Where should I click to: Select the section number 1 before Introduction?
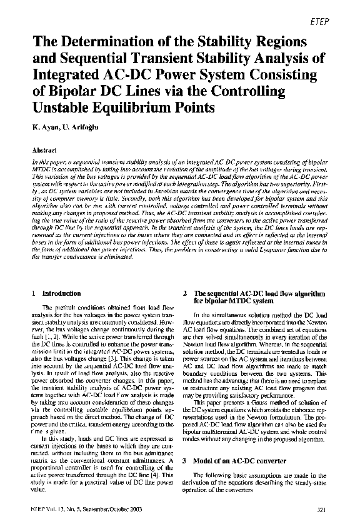click(x=32, y=293)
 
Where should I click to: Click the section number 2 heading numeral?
click(x=187, y=293)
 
